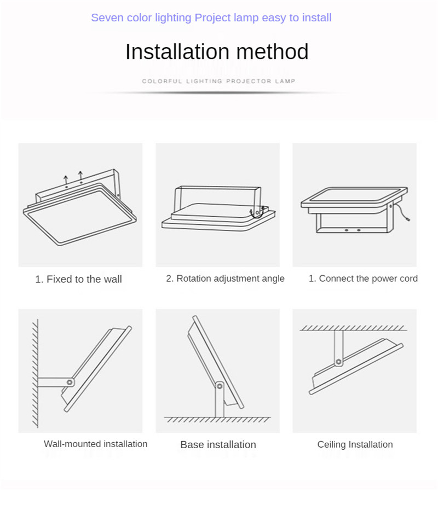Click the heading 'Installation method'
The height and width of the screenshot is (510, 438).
point(217,52)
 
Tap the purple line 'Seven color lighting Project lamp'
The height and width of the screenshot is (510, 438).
point(175,18)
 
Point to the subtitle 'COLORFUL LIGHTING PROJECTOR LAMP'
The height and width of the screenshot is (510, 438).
point(218,81)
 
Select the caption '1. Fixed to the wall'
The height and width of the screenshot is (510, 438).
point(78,279)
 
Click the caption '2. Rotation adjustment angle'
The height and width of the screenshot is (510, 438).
point(225,279)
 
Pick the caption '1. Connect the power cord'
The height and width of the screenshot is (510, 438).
point(363,279)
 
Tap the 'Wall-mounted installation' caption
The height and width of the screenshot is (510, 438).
point(96,444)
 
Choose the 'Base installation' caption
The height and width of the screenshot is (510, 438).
point(218,445)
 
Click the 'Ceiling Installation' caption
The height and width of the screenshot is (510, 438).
point(355,445)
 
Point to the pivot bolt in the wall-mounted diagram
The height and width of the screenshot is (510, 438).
point(70,382)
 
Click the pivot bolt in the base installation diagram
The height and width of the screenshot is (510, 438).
point(220,386)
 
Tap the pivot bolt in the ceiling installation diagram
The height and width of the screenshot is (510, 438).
point(338,362)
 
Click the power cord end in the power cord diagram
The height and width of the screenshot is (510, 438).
point(408,219)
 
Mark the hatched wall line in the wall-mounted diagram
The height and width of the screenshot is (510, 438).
point(36,373)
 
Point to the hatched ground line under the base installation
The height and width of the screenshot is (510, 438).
point(217,420)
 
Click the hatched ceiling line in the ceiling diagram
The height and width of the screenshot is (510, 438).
point(353,328)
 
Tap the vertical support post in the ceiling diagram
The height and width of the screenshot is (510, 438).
point(338,347)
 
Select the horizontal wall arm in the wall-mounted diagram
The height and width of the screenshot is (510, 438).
point(55,382)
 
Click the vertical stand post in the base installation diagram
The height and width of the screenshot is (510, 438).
point(220,400)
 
